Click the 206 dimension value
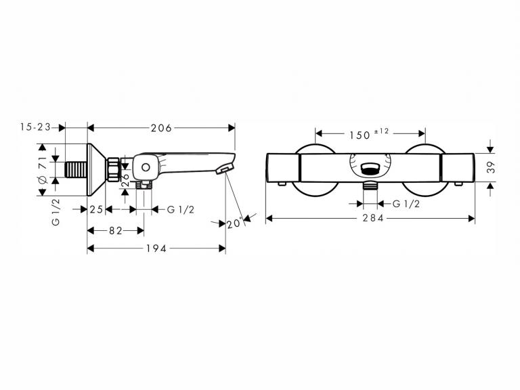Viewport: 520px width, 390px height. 161,128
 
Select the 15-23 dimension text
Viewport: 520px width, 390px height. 35,127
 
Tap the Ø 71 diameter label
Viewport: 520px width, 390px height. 43,170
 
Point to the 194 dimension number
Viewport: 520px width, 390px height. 156,248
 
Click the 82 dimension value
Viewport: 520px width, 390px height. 116,231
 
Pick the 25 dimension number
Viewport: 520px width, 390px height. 96,210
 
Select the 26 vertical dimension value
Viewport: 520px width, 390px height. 125,179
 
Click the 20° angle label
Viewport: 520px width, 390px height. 235,223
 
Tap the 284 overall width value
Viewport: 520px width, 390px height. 373,218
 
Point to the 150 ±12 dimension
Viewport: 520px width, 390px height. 369,134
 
